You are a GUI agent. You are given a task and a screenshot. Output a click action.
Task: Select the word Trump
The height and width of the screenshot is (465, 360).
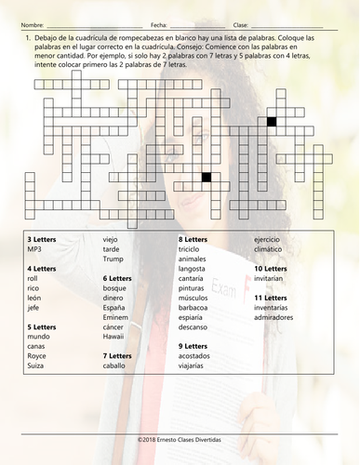click(113, 259)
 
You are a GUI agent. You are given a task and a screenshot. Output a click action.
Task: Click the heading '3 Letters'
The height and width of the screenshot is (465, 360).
click(42, 239)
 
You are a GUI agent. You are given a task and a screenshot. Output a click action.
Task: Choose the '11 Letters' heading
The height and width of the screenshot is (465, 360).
click(271, 297)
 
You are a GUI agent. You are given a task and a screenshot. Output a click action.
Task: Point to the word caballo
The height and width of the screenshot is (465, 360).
click(116, 365)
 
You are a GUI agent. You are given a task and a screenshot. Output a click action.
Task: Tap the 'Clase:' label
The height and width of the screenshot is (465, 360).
click(240, 23)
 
